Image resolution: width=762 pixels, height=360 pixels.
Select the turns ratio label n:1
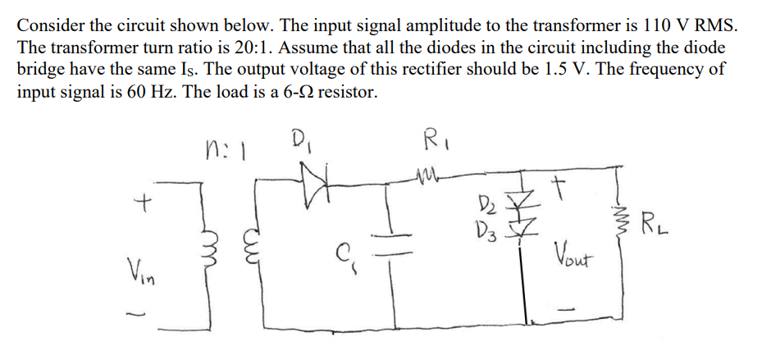point(229,149)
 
